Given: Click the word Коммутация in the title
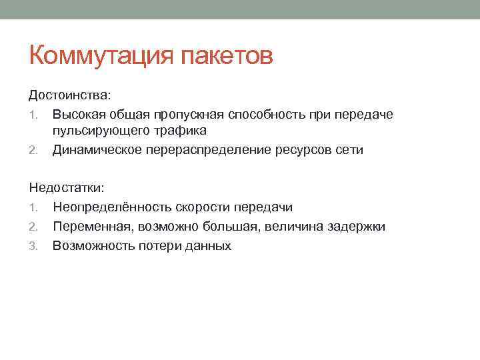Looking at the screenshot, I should (x=100, y=56).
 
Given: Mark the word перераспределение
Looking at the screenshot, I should (x=208, y=149).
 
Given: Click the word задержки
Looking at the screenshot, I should (x=356, y=227).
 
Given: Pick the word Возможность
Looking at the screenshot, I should (x=93, y=245).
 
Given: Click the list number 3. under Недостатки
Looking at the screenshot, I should (x=37, y=246).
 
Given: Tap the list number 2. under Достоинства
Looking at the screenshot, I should (x=37, y=150).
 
